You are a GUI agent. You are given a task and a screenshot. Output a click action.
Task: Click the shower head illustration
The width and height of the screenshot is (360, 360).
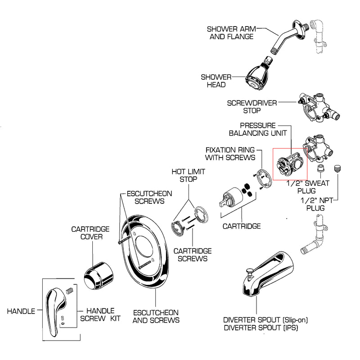click(x=259, y=76)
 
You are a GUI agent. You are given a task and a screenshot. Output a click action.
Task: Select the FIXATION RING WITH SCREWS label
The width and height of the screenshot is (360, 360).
click(x=230, y=153)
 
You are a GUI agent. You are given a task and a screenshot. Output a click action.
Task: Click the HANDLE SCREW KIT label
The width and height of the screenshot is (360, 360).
click(x=100, y=315)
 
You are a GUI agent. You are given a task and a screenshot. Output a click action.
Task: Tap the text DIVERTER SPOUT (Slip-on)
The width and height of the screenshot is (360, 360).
click(x=265, y=320)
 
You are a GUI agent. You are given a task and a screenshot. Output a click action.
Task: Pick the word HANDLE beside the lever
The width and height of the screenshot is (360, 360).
click(x=21, y=311)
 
